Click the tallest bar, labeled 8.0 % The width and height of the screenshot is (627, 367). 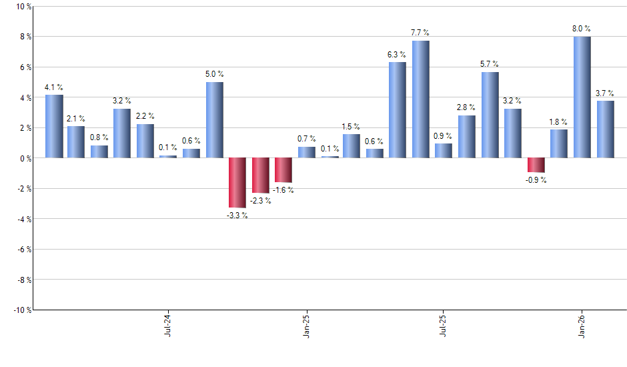(582, 97)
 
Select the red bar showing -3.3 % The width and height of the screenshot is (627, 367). (237, 183)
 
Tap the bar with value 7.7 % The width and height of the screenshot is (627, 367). (420, 99)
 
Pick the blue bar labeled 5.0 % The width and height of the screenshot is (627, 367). (214, 120)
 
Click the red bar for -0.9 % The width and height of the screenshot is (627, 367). (536, 165)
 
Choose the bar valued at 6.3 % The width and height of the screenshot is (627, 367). (397, 110)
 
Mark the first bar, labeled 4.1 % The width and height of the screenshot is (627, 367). (54, 127)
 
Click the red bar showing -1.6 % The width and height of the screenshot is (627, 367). (283, 170)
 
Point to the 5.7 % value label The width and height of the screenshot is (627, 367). (490, 64)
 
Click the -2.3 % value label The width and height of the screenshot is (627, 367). (260, 200)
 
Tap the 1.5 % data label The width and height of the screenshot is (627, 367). (352, 127)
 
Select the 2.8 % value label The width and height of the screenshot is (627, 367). (467, 107)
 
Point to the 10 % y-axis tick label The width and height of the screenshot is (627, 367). (23, 7)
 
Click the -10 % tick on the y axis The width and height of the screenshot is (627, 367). (21, 310)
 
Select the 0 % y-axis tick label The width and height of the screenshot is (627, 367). (25, 159)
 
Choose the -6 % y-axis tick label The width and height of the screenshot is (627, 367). (23, 250)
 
